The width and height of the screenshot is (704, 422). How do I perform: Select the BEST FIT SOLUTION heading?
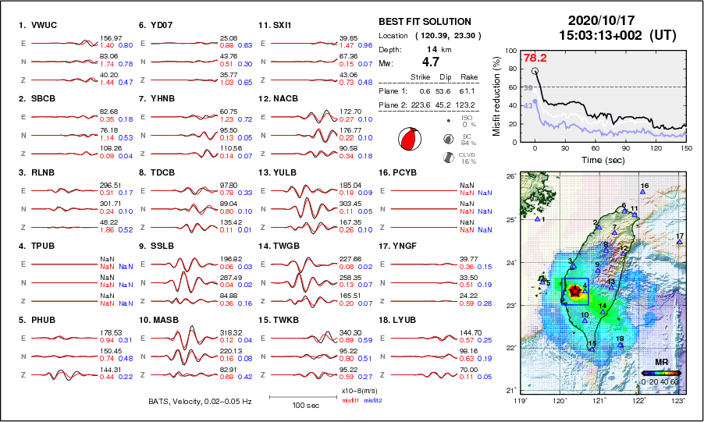point(425,21)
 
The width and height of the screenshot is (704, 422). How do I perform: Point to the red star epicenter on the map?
point(575,291)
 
